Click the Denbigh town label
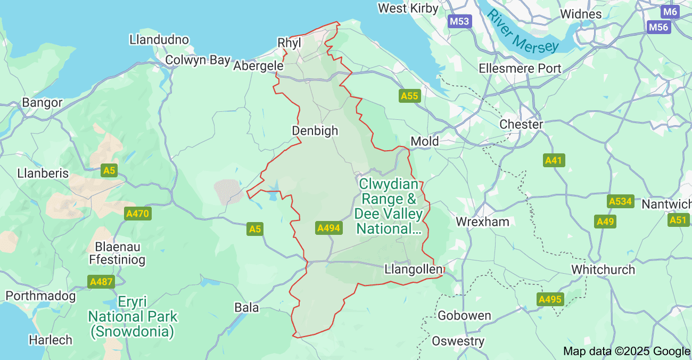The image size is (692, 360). [315, 130]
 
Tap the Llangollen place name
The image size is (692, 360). [413, 269]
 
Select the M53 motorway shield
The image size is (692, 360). [459, 21]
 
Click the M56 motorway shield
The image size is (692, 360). [658, 27]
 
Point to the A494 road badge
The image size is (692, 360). [328, 228]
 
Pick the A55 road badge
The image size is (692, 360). [410, 96]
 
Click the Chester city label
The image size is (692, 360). [521, 124]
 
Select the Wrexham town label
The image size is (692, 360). [482, 222]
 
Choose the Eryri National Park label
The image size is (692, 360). [133, 316]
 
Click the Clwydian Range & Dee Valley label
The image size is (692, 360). [389, 206]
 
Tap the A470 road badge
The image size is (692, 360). [138, 214]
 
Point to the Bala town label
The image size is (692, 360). [246, 307]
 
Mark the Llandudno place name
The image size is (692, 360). [159, 39]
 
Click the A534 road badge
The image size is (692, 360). [620, 201]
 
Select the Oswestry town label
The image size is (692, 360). [458, 341]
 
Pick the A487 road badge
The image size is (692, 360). [101, 281]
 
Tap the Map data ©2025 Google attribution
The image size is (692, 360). [627, 351]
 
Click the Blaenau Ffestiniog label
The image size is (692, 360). [120, 253]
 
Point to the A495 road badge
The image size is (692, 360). [550, 299]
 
